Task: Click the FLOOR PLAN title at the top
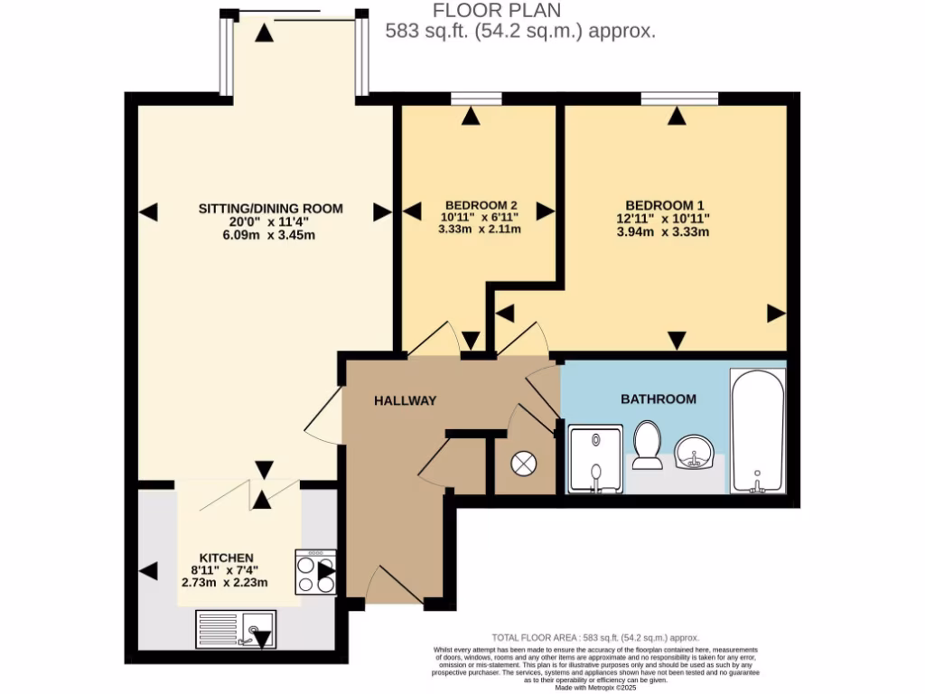(x=496, y=11)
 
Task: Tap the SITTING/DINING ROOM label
(x=271, y=209)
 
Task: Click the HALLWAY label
(x=406, y=400)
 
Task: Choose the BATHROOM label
(x=658, y=399)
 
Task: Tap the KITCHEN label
(x=227, y=558)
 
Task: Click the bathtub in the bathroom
(x=757, y=432)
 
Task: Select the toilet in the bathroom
(x=648, y=446)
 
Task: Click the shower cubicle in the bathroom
(x=595, y=460)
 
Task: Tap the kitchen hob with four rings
(x=315, y=572)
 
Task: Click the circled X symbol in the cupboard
(x=523, y=464)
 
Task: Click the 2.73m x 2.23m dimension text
(x=226, y=583)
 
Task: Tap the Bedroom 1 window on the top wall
(x=679, y=98)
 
